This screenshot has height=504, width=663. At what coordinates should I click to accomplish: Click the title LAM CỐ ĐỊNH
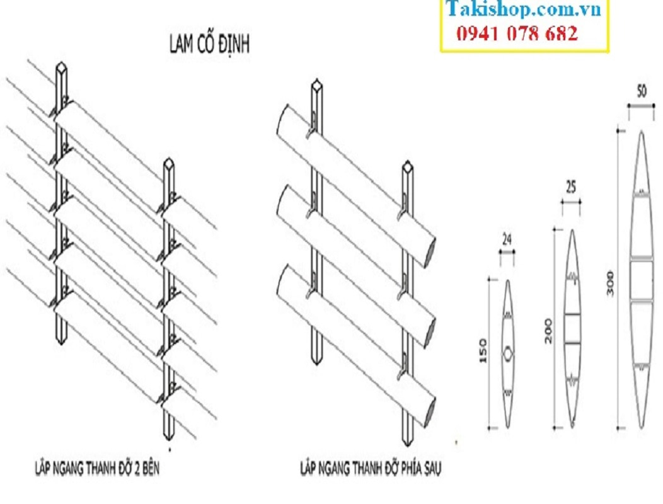[209, 44]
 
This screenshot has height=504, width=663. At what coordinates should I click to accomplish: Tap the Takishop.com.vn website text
[524, 8]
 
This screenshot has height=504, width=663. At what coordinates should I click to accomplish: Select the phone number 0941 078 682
[517, 33]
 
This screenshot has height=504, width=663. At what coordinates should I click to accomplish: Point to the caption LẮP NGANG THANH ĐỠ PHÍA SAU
[371, 468]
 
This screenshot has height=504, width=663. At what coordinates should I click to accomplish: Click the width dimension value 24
[507, 240]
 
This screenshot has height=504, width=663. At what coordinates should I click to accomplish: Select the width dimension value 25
[571, 187]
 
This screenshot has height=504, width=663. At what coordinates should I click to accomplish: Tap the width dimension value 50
[642, 91]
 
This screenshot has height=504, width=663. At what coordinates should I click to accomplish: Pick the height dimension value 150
[483, 350]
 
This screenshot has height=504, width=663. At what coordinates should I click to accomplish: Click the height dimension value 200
[548, 331]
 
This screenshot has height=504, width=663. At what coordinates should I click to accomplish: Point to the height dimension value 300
[610, 283]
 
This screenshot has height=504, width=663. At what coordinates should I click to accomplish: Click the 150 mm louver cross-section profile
[508, 353]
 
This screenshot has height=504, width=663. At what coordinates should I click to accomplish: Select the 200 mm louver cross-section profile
[572, 328]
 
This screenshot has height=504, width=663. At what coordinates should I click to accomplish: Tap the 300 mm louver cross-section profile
[642, 279]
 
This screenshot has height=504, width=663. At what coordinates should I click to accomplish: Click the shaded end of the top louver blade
[430, 253]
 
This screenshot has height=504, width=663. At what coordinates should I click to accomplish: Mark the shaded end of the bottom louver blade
[430, 411]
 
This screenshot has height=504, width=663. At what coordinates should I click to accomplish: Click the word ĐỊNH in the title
[233, 44]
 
